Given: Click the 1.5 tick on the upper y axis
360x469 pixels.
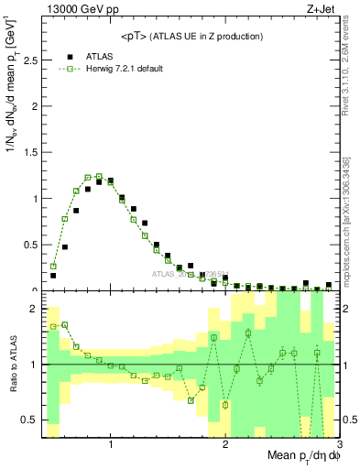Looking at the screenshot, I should pos(34,152).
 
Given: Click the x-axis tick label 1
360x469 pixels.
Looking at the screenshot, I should pos(111,444).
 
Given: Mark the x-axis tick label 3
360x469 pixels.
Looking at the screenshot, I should pos(338,444).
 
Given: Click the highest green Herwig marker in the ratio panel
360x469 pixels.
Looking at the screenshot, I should pos(65,324).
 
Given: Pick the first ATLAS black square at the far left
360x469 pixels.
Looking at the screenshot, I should pos(53,275).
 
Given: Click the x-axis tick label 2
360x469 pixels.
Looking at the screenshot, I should pos(225,444).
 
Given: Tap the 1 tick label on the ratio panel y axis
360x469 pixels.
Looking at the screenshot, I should pos(34,365).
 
